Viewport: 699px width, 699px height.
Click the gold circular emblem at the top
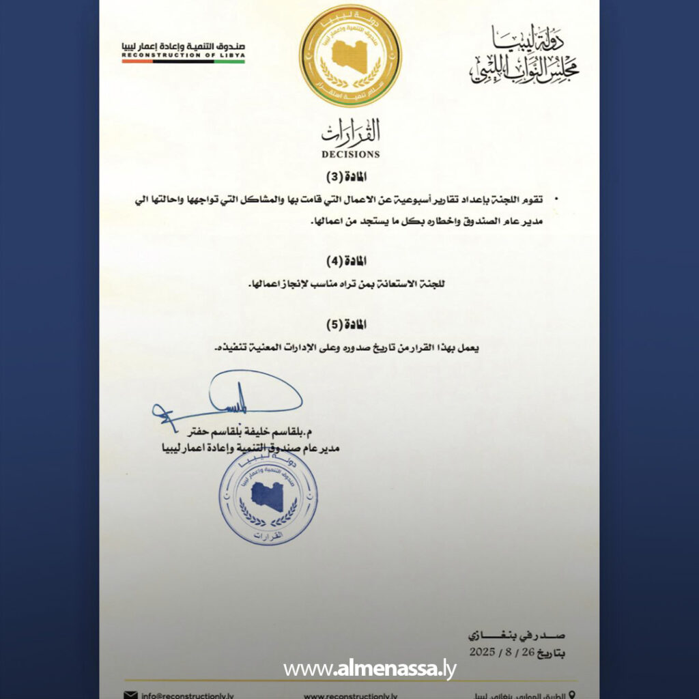tap(350, 55)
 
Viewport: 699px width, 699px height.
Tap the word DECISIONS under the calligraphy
tap(351, 154)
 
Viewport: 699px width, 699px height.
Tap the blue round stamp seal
tap(268, 496)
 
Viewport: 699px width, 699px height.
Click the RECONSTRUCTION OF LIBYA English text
tap(184, 55)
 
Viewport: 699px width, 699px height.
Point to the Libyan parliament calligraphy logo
tap(524, 56)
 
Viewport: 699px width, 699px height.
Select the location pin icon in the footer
tap(571, 694)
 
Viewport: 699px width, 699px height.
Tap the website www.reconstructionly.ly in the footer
tap(351, 695)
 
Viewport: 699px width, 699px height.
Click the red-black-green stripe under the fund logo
tap(184, 61)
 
